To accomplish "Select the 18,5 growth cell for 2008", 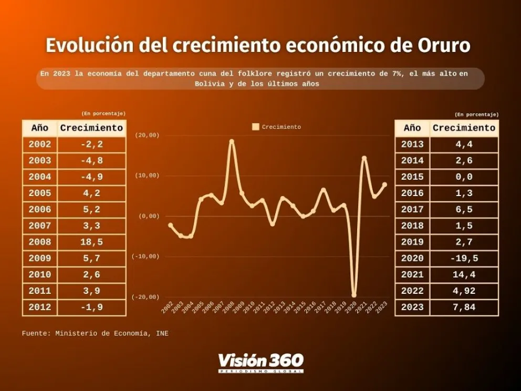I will click(91, 242).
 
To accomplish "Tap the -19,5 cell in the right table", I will click(463, 259).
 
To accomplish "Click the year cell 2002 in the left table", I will click(40, 145).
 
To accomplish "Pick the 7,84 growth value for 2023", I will click(463, 307).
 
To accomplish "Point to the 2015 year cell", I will click(412, 177).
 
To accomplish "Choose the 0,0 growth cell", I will click(463, 177).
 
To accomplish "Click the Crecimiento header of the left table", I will click(91, 128).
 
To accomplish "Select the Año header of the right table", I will click(412, 128).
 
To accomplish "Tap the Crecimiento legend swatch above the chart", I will click(256, 127).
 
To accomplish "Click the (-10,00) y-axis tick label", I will click(147, 256).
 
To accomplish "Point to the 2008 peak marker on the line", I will click(232, 141).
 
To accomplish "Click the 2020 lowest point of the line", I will click(354, 295).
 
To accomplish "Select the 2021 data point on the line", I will click(364, 158).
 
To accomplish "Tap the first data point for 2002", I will click(170, 225).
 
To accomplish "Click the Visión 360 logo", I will click(260, 362).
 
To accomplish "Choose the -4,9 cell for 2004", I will click(91, 177).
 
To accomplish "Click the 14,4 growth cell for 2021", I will click(463, 275).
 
